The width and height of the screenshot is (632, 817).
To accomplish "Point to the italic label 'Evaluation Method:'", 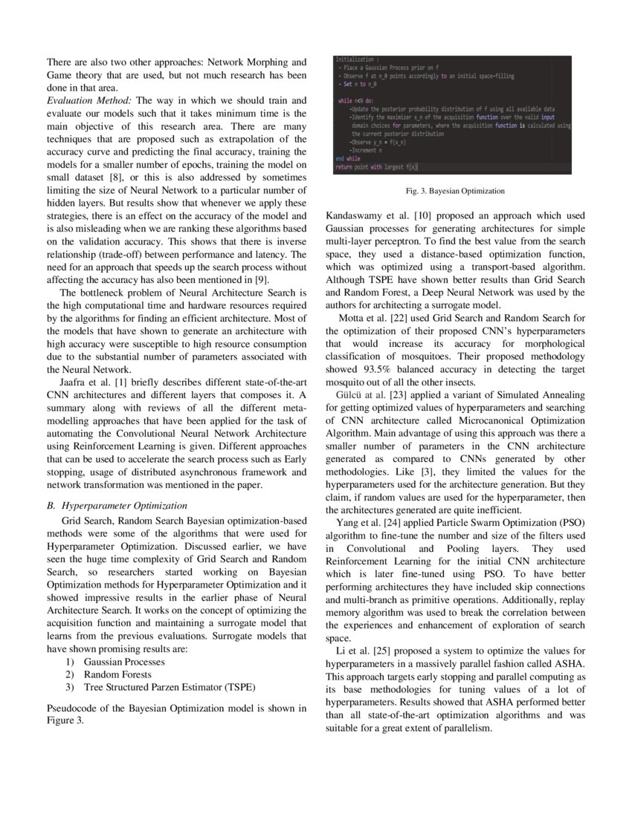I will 88,100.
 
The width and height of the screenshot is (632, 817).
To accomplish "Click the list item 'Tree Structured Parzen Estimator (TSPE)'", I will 170,687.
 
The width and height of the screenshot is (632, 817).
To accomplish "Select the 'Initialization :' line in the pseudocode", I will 356,59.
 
